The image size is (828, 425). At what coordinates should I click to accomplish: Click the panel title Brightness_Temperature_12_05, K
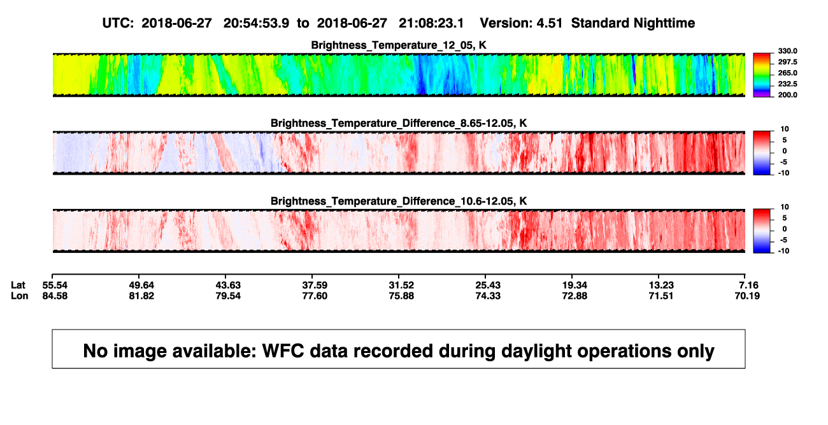tap(399, 45)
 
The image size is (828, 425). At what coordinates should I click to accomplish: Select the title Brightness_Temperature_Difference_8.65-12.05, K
tap(399, 123)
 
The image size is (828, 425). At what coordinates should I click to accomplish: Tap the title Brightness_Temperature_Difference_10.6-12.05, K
tap(399, 201)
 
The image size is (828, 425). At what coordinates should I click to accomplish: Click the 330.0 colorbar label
tap(787, 51)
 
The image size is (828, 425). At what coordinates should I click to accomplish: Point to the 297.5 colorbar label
tap(787, 62)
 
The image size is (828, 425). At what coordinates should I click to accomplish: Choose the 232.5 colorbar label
tap(787, 84)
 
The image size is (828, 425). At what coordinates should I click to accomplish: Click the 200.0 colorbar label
tap(787, 95)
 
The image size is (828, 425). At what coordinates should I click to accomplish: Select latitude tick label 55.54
tap(55, 285)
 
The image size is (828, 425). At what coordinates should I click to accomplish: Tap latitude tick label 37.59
tap(315, 285)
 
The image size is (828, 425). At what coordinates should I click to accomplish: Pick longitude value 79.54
tap(228, 296)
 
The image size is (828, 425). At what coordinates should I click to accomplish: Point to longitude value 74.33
tap(488, 296)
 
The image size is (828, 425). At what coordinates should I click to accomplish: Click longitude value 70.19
tap(747, 296)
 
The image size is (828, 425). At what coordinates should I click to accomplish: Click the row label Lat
tap(18, 285)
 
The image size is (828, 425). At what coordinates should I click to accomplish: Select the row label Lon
tap(20, 296)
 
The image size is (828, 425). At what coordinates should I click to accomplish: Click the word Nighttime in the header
tap(664, 24)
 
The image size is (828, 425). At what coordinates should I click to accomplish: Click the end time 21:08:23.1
tap(431, 24)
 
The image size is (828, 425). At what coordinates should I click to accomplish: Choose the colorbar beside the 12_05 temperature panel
tap(762, 75)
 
